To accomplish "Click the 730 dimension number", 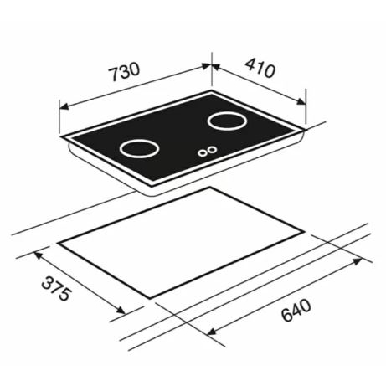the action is (124, 71).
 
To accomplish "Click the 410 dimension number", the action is (260, 68).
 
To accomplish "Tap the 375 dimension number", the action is (57, 289).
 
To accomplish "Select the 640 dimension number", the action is (296, 310).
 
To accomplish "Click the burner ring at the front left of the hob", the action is (139, 157).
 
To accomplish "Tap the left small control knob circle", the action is (202, 152).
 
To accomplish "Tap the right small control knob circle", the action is (212, 150).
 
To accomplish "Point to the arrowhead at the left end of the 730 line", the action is (64, 106).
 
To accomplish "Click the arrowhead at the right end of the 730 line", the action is (206, 66).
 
